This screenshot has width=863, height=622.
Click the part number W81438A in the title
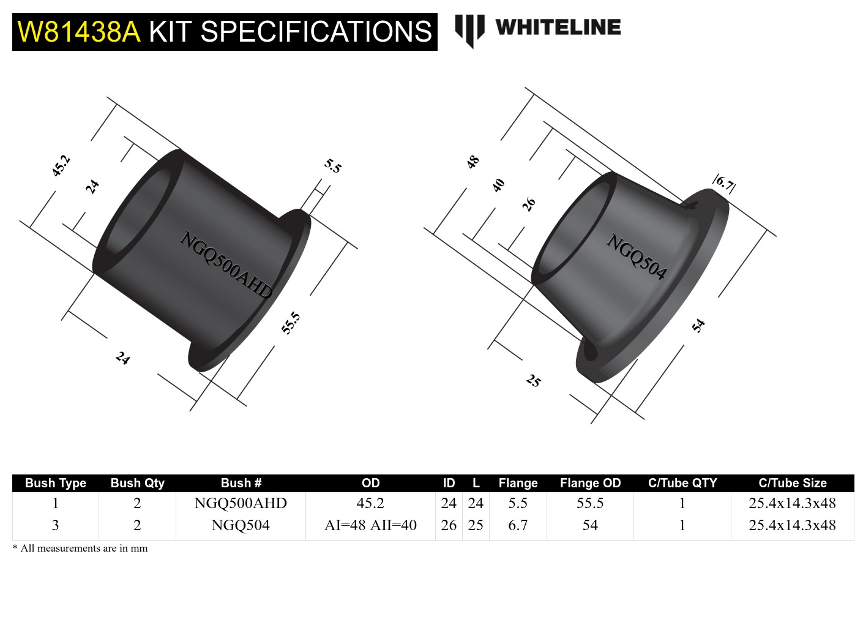pos(79,32)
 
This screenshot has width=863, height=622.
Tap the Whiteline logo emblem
pos(469,30)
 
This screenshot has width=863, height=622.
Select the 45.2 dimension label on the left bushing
pos(61,166)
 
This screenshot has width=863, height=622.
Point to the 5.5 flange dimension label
pos(333,166)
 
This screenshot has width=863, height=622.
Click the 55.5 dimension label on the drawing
pos(291,323)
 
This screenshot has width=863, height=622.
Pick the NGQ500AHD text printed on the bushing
pos(226,265)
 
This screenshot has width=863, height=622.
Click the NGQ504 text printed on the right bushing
pos(637,257)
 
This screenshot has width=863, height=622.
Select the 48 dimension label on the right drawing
pos(473,162)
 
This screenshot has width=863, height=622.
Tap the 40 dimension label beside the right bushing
pos(499,185)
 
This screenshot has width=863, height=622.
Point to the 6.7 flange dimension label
pos(724,183)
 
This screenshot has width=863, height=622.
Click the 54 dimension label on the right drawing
pos(698,326)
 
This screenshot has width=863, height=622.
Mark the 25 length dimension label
pos(534,381)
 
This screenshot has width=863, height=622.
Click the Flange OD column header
pos(590,483)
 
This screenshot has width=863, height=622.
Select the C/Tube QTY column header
pos(682,483)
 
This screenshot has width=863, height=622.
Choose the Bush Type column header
pos(56,483)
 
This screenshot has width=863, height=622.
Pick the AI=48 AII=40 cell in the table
pos(370,525)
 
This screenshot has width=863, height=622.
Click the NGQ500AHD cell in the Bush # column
pos(241,503)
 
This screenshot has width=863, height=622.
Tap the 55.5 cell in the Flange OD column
pos(590,503)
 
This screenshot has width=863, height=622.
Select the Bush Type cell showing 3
pos(56,525)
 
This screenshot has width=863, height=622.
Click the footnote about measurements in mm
pos(80,549)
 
